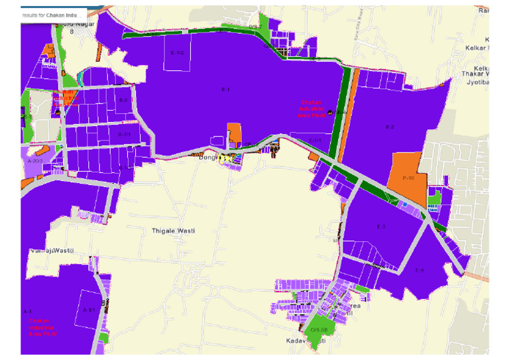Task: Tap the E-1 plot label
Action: coord(225,89)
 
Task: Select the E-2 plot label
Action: coord(390,126)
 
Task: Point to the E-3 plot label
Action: coord(381,227)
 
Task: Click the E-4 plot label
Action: coord(419,269)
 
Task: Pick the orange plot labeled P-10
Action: coord(408,178)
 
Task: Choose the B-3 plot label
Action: coord(123,100)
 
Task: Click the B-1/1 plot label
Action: coord(124,135)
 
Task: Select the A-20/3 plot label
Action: coord(35,160)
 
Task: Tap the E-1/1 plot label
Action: coord(315,140)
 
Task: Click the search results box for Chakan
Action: coord(53,14)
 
